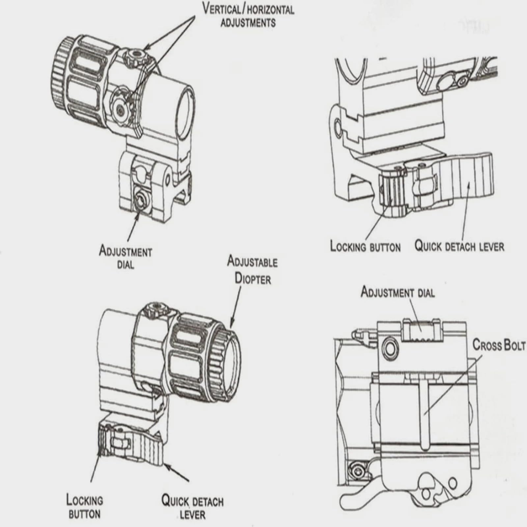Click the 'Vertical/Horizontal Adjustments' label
tap(248, 15)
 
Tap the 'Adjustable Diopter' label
tap(253, 270)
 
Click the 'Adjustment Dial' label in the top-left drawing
tap(125, 258)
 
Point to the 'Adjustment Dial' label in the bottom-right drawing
tap(398, 292)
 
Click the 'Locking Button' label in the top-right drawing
tap(365, 247)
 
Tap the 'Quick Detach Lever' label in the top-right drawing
tap(459, 246)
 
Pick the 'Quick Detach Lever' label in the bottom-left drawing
tap(192, 508)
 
